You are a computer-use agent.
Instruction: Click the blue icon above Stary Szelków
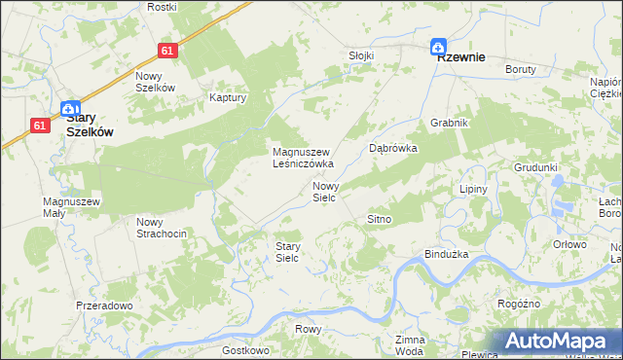coord(69,110)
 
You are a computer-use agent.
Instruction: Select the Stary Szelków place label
coord(91,123)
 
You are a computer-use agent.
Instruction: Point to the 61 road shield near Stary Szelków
coord(40,125)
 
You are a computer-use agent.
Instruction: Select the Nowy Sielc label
coord(324,191)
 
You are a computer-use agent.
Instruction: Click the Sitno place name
coord(379,220)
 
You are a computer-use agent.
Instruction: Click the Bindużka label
coord(448,254)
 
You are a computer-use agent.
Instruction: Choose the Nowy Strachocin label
coord(161,227)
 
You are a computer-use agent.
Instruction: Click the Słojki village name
coord(361,55)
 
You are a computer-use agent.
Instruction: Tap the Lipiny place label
coord(472,189)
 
